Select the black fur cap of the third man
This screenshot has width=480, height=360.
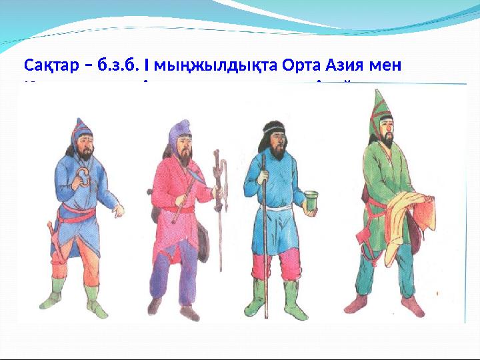273,128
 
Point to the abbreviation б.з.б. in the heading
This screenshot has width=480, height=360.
116,66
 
